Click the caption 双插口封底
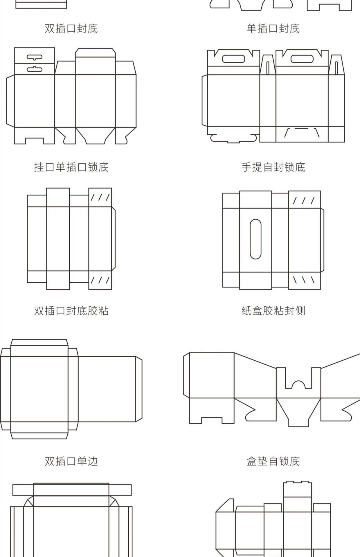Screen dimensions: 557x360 (71, 28)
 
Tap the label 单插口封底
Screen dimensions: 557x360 (273, 28)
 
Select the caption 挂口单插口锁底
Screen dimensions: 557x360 (71, 167)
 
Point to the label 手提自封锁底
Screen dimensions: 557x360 (273, 167)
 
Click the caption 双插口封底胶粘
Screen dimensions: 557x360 (71, 311)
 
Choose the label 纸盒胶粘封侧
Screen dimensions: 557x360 (273, 311)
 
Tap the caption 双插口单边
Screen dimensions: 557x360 (71, 461)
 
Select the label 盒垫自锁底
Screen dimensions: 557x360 (273, 461)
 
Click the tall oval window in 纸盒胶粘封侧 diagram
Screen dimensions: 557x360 (255, 239)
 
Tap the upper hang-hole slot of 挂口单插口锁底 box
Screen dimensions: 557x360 (35, 57)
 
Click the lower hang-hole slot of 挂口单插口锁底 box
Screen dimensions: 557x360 (35, 69)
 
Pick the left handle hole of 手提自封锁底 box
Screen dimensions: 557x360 (233, 59)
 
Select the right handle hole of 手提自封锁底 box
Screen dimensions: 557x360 (302, 59)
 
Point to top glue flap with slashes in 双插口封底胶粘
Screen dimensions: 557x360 (100, 198)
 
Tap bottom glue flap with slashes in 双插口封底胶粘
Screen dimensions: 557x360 (100, 280)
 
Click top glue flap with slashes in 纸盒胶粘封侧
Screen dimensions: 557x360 (305, 200)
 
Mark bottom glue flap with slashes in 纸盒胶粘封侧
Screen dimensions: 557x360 (305, 280)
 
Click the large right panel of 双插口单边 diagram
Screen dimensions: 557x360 (107, 389)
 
